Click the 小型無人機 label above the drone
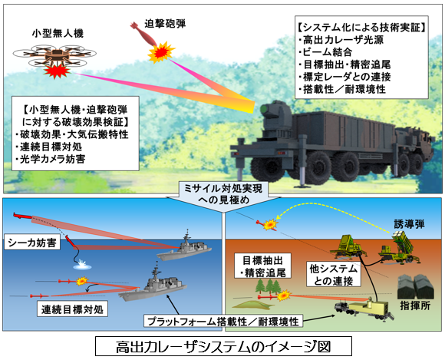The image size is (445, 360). (58, 34)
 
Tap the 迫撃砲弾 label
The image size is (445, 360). (165, 24)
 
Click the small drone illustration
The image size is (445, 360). (54, 55)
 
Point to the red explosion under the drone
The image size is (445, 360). (57, 71)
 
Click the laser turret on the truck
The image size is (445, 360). (275, 115)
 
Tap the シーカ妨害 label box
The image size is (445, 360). (32, 243)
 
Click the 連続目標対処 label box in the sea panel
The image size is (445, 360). (72, 309)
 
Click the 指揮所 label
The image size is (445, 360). (415, 306)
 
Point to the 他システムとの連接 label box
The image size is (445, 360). (334, 275)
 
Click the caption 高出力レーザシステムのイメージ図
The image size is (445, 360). (223, 346)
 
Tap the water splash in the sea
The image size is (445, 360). (82, 265)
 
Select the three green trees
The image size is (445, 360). (269, 286)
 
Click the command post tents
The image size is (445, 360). (415, 287)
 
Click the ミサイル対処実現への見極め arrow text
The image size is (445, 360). (223, 194)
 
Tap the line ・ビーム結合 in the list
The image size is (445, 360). (325, 52)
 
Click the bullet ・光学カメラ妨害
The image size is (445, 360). (50, 159)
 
